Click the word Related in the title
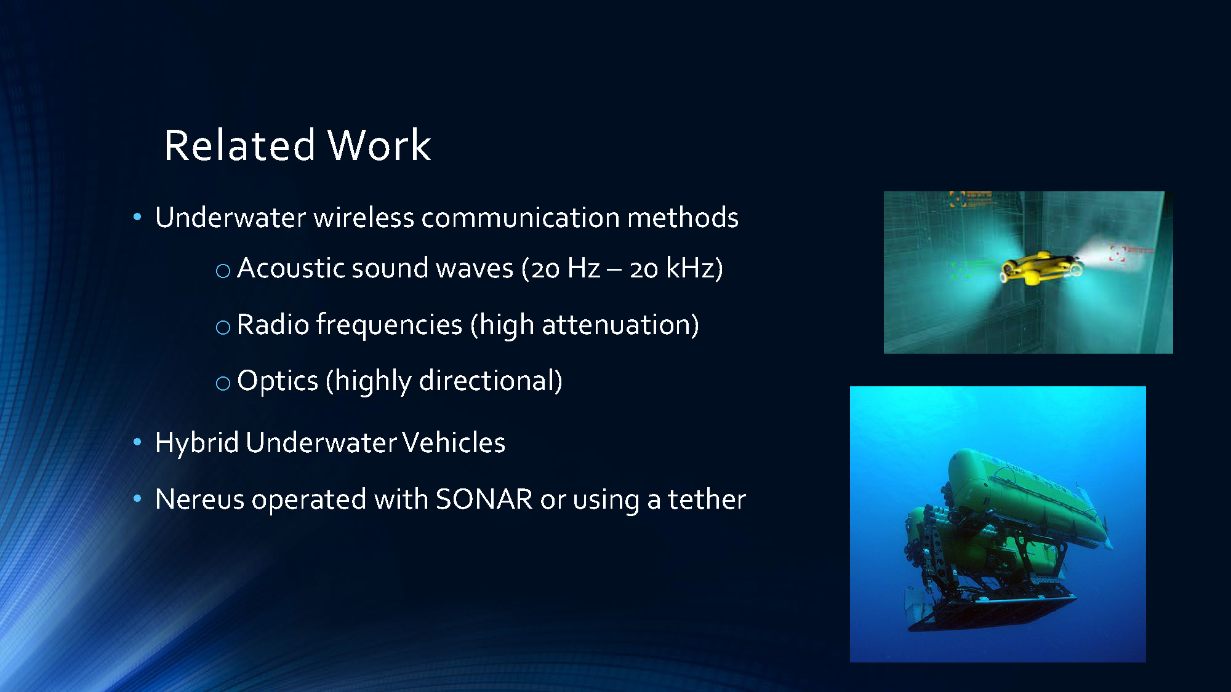click(x=239, y=146)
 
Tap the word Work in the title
click(x=379, y=146)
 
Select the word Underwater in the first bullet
click(x=230, y=218)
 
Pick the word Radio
click(x=272, y=325)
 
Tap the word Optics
click(x=277, y=381)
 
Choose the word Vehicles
click(x=454, y=443)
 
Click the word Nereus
click(x=199, y=499)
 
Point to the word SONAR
click(x=484, y=499)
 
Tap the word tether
click(x=707, y=499)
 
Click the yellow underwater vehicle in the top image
click(x=1040, y=268)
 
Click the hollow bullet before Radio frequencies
click(x=223, y=327)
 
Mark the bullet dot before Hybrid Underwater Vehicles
click(x=137, y=442)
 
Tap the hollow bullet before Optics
click(x=223, y=384)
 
